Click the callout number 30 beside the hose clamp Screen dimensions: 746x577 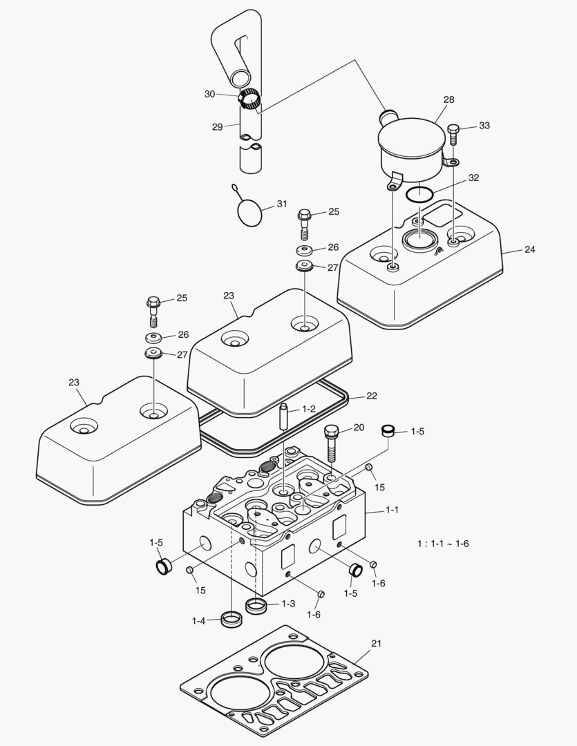(209, 94)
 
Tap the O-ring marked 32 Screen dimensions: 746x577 (419, 194)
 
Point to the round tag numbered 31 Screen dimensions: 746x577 (249, 210)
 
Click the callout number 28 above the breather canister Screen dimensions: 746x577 (448, 100)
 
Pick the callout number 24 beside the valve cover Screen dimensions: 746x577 (529, 249)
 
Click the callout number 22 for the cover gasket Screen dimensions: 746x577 (372, 396)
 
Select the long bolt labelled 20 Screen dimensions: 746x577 (331, 442)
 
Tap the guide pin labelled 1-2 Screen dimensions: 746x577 (284, 417)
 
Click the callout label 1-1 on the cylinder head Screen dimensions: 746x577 (392, 510)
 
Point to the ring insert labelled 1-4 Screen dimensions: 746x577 (231, 618)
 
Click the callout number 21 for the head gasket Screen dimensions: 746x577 (376, 643)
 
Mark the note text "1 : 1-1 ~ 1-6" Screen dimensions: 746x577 (443, 544)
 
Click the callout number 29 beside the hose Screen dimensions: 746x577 (217, 126)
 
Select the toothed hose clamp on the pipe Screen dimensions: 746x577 (249, 99)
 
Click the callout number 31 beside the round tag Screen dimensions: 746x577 (281, 204)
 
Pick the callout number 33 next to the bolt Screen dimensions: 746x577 (484, 126)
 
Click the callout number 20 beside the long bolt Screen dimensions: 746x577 (358, 428)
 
